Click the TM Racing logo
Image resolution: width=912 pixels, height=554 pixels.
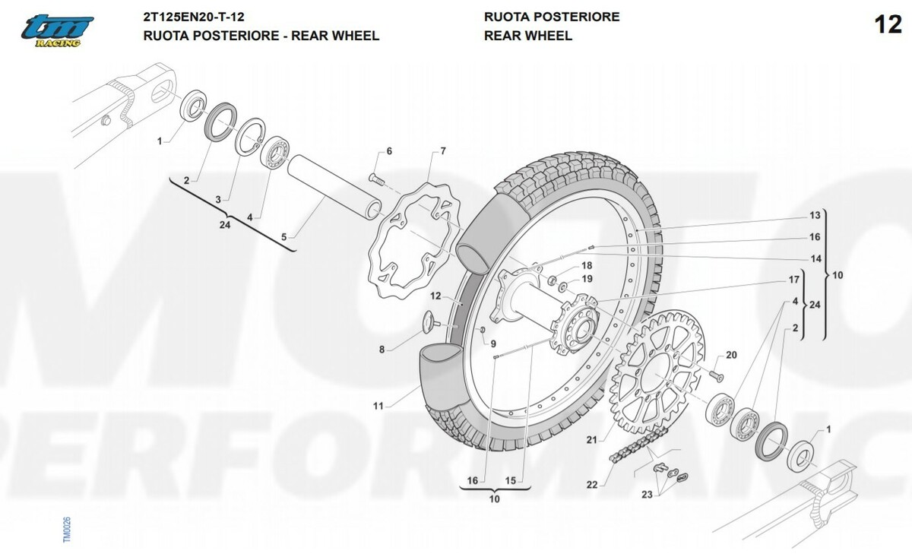point(57,31)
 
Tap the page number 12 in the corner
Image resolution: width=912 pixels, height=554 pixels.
point(888,25)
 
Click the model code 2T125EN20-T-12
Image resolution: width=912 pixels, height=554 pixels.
point(194,17)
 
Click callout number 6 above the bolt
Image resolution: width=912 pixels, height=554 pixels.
point(388,151)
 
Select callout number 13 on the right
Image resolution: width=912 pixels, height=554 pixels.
point(815,215)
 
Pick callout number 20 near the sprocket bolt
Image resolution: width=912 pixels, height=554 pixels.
point(731,355)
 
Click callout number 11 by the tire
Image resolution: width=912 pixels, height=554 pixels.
point(378,407)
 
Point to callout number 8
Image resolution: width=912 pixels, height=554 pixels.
point(382,350)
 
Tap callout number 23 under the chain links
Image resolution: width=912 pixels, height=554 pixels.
point(647,495)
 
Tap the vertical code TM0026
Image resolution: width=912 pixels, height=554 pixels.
point(67,530)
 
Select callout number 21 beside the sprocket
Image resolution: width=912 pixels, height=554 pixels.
point(591,438)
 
